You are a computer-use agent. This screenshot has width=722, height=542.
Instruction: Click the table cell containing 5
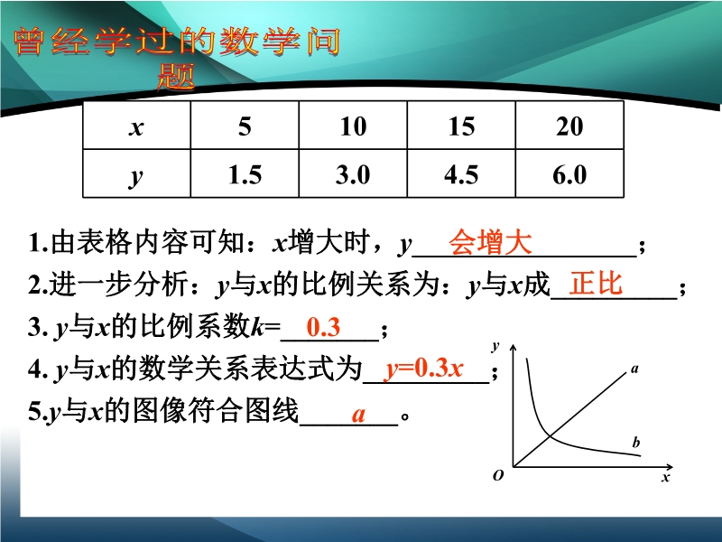pos(245,126)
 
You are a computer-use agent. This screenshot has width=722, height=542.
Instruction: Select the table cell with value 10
pos(353,126)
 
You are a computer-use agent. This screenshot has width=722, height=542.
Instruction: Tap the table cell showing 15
pos(461,126)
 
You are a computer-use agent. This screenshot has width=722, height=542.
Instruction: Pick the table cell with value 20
pos(569,126)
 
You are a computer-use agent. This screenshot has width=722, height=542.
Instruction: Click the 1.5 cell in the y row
pos(245,173)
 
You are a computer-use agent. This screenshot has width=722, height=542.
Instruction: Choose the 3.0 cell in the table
pos(353,173)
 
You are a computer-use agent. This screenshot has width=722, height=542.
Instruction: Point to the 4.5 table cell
pos(461,173)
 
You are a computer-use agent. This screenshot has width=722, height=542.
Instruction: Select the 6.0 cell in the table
pos(569,173)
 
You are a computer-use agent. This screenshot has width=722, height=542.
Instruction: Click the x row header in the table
pos(136,126)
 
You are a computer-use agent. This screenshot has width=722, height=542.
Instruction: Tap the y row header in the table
pos(136,173)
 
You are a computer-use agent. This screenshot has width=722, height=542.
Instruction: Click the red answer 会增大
pos(490,241)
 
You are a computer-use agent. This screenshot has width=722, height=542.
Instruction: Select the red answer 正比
pos(596,283)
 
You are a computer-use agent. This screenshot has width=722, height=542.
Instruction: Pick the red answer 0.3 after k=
pos(323,327)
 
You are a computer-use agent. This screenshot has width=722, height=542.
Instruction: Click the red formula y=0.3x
pos(424,369)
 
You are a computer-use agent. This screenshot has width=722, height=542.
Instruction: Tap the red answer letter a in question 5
pos(358,415)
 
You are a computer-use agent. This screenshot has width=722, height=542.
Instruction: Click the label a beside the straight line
pos(635,369)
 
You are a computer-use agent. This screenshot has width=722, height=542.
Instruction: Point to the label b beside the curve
pos(636,443)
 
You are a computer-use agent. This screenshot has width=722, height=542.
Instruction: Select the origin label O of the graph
pos(498,475)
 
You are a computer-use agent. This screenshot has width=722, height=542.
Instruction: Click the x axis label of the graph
pos(666,477)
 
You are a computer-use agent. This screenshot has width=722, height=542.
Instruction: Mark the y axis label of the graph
pos(495,346)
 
